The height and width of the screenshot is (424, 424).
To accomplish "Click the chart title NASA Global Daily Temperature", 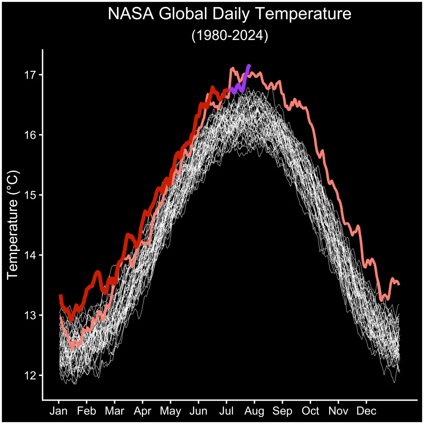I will click(x=229, y=14).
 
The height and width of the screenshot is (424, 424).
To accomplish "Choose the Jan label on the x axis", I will click(x=59, y=411).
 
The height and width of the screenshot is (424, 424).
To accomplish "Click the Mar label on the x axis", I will click(x=114, y=411).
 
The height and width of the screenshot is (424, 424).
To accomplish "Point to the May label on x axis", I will click(x=170, y=411).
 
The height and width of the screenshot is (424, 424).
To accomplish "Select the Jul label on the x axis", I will click(x=226, y=411).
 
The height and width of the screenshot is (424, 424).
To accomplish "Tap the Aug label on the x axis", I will click(x=254, y=411).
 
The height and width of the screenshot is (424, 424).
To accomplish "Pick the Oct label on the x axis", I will click(x=310, y=411).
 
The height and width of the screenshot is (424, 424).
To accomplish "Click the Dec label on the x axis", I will click(x=366, y=411).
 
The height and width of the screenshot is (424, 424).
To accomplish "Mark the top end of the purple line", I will click(x=249, y=65).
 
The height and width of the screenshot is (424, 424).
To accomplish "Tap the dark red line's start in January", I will click(x=60, y=295).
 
